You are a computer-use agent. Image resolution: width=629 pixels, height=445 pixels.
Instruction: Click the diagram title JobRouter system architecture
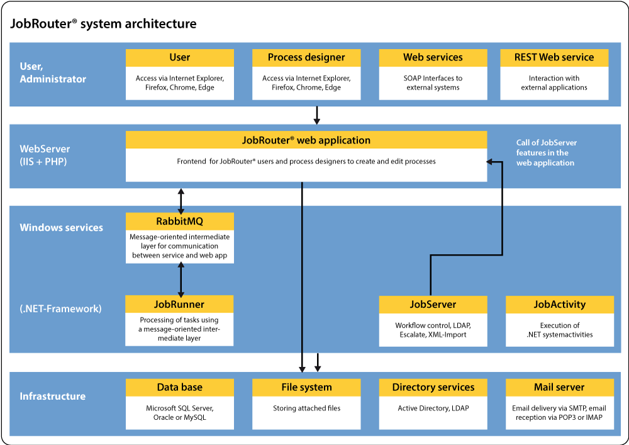[104, 24]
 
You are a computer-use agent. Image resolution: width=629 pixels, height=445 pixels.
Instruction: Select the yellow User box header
[179, 57]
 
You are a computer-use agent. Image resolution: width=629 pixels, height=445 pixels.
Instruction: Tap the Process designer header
[306, 57]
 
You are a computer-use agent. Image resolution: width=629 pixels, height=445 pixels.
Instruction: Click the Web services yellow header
[433, 57]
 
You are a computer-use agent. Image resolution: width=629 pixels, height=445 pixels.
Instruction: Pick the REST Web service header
[554, 57]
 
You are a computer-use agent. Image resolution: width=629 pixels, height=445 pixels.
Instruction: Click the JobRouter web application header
[306, 140]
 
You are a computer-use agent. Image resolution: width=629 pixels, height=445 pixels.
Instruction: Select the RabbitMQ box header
[179, 221]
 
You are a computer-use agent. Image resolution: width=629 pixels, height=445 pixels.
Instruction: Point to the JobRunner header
[179, 304]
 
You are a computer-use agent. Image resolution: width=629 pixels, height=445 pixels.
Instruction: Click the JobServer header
[433, 304]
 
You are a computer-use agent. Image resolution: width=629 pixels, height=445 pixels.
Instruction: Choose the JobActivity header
[559, 304]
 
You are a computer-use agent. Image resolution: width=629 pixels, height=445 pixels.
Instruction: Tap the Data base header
[179, 387]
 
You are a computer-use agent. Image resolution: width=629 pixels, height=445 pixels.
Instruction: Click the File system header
[306, 387]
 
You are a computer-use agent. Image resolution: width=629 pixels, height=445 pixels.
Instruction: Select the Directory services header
[433, 387]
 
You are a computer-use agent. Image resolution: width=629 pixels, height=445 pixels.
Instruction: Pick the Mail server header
[559, 387]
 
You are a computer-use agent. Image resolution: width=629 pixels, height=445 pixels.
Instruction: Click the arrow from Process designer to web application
[318, 114]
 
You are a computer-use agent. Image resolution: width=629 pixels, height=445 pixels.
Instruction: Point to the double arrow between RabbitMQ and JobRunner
[181, 280]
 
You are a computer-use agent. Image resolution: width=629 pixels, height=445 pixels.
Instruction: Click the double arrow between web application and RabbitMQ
[181, 200]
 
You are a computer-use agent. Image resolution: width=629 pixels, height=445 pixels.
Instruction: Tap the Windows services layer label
[62, 228]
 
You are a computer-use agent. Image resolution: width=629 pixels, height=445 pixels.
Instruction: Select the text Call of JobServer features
[546, 153]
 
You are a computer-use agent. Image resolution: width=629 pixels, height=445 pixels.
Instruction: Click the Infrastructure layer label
[52, 396]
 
